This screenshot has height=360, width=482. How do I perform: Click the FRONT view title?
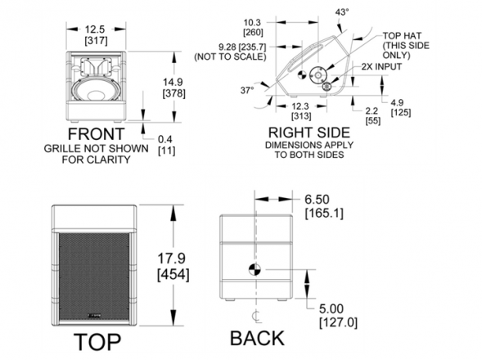pyautogui.click(x=96, y=134)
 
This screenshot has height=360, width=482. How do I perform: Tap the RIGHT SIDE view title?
pyautogui.click(x=309, y=133)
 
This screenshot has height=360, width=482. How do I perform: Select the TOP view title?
pyautogui.click(x=97, y=341)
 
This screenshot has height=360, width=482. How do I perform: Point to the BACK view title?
pyautogui.click(x=257, y=338)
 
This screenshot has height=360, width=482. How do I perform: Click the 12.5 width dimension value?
pyautogui.click(x=95, y=29)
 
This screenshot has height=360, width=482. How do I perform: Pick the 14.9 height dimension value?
pyautogui.click(x=173, y=82)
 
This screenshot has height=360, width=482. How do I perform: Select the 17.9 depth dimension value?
pyautogui.click(x=172, y=258)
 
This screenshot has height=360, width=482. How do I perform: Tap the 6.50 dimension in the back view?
pyautogui.click(x=317, y=199)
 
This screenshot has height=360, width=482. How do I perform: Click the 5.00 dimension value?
pyautogui.click(x=331, y=308)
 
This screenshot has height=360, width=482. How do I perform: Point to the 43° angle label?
pyautogui.click(x=342, y=12)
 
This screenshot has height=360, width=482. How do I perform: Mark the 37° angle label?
pyautogui.click(x=247, y=90)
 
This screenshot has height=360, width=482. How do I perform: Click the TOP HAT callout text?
pyautogui.click(x=402, y=36)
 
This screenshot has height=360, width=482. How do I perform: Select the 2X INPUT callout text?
pyautogui.click(x=381, y=67)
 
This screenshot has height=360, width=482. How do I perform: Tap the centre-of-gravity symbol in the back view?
pyautogui.click(x=255, y=270)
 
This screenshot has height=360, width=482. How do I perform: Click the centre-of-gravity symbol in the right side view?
pyautogui.click(x=303, y=74)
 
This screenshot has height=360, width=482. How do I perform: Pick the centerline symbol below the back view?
pyautogui.click(x=256, y=317)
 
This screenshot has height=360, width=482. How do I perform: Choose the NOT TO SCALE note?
pyautogui.click(x=230, y=57)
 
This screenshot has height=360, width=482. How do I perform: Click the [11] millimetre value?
pyautogui.click(x=167, y=151)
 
